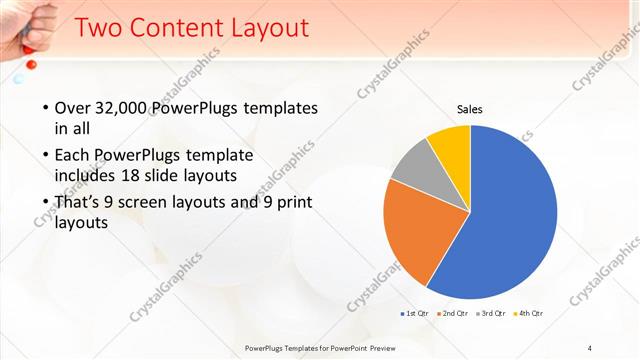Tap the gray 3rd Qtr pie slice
(x=412, y=168)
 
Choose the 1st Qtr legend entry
(x=416, y=314)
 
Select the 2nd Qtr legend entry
(x=453, y=314)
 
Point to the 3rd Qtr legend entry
(x=491, y=314)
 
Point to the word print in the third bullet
(x=295, y=203)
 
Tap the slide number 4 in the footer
(x=590, y=347)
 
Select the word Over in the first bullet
(x=74, y=108)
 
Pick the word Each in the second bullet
(x=75, y=157)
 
